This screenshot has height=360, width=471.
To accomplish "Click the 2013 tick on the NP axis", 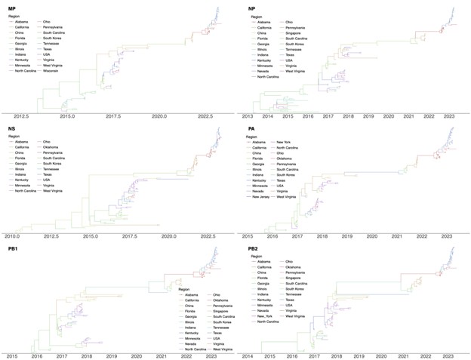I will [x=248, y=117].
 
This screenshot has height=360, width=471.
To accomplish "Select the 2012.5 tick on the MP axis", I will [x=22, y=117].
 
